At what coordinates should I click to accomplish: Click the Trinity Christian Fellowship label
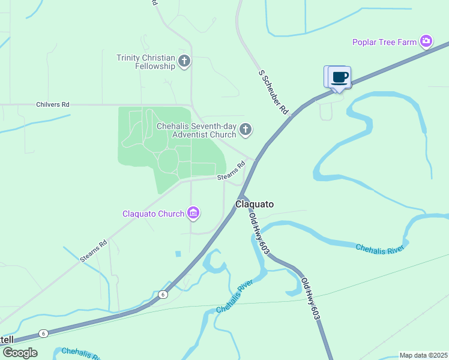[x=146, y=62]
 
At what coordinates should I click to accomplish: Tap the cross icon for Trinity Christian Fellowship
[x=184, y=61]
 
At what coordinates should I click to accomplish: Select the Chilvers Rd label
[x=53, y=104]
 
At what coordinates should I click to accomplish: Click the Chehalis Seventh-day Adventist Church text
[x=196, y=130]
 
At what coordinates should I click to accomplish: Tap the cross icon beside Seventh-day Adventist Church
[x=245, y=130]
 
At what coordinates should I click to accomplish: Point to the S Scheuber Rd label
[x=274, y=92]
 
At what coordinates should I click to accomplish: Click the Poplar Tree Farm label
[x=384, y=42]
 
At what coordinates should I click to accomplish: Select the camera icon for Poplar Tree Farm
[x=426, y=41]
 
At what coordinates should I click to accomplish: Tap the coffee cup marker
[x=339, y=77]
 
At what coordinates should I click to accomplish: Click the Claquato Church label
[x=153, y=214]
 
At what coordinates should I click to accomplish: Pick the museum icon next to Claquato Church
[x=193, y=213]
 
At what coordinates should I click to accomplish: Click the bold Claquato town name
[x=255, y=204]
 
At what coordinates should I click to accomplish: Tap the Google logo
[x=19, y=353]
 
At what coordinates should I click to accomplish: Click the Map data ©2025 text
[x=424, y=355]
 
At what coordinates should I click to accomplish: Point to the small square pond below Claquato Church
[x=178, y=254]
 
